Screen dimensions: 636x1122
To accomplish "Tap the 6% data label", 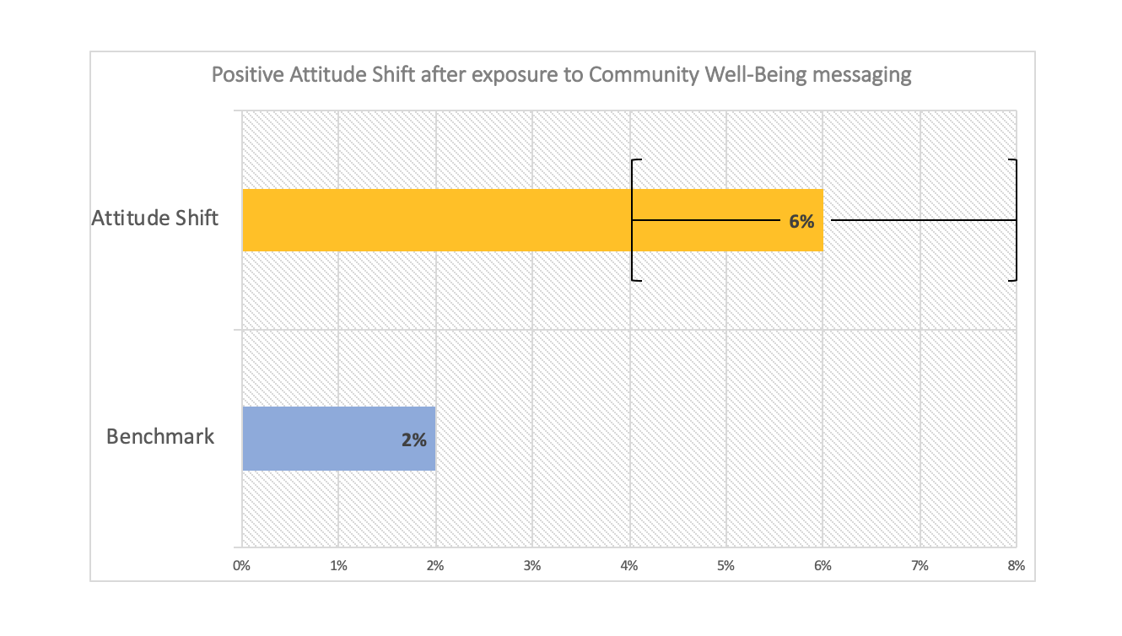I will pos(801,222).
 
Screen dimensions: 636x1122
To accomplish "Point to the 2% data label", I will pos(413,439).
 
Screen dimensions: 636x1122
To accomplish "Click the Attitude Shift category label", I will pos(155,218).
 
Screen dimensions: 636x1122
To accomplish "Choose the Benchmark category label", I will pos(160,437).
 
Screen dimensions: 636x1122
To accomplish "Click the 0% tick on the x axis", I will pos(242,567).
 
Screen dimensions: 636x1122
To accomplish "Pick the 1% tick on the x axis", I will pos(338,567).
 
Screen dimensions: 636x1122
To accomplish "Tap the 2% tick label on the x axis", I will pos(435,567).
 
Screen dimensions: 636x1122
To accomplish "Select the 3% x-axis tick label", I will pos(532,567).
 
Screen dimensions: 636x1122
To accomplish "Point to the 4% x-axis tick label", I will pos(629,567).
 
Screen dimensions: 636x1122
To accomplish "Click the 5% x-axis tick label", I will pos(726,567).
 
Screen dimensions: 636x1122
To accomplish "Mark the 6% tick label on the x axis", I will pos(823,567).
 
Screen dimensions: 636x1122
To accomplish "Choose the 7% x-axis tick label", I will pos(920,567).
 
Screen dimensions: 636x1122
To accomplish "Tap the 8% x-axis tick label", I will pos(1016,567).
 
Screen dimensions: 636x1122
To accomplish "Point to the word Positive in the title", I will pos(245,75).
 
